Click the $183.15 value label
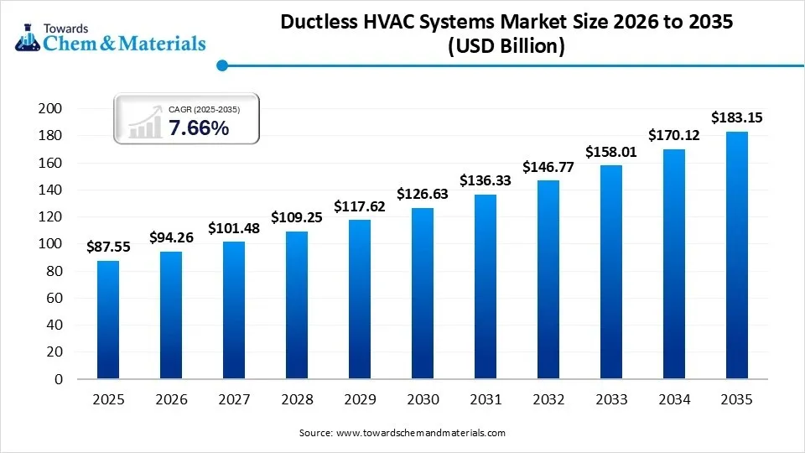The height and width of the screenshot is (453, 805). tap(737, 117)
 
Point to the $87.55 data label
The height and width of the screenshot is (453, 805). tap(108, 247)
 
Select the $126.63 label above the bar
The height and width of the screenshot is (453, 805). tap(423, 194)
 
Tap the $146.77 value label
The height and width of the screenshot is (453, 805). tap(548, 167)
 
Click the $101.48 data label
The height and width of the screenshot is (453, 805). tap(234, 228)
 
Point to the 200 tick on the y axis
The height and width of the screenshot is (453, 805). tap(51, 109)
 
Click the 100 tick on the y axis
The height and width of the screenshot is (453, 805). tap(51, 244)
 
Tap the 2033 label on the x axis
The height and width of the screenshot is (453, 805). tap(611, 399)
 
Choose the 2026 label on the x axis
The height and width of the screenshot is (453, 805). tap(171, 399)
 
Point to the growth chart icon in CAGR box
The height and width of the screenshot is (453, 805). tap(144, 122)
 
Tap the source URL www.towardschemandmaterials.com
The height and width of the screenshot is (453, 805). tap(420, 433)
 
